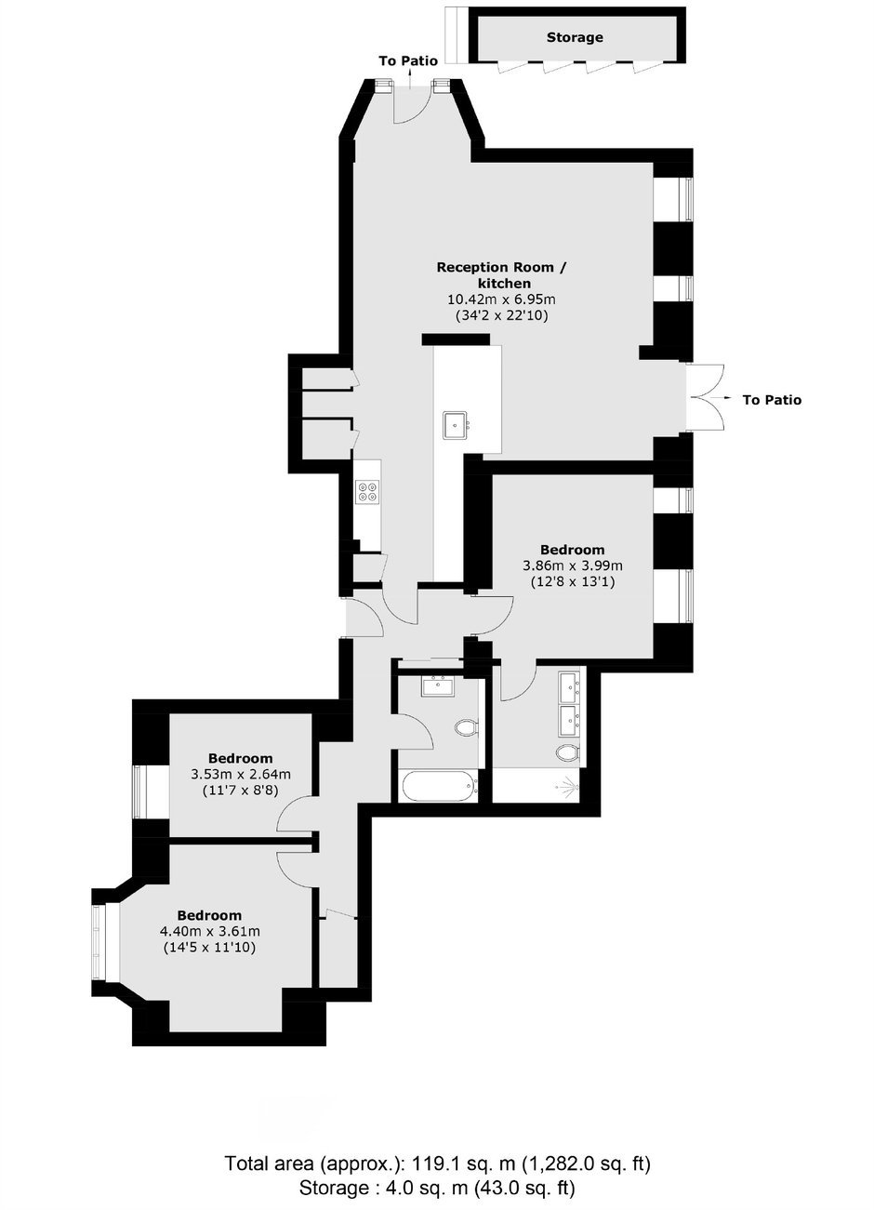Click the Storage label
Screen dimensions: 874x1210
(575, 37)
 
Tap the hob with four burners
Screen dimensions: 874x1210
(367, 492)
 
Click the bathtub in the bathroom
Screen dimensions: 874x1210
(440, 786)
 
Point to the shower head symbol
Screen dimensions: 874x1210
(568, 787)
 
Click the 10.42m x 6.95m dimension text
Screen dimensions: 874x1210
(502, 299)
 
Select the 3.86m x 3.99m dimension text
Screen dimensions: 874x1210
(572, 566)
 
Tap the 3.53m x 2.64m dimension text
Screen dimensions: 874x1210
(241, 774)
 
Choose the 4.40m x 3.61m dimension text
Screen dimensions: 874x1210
(209, 931)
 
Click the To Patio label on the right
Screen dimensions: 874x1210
(772, 400)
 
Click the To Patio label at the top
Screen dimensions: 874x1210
(408, 60)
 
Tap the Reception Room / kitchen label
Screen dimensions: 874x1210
(502, 275)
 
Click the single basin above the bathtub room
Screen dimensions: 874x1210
(438, 686)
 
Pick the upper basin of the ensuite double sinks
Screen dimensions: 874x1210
(569, 686)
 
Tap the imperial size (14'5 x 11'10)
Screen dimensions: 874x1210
(209, 947)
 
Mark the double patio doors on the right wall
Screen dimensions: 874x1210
(705, 397)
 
